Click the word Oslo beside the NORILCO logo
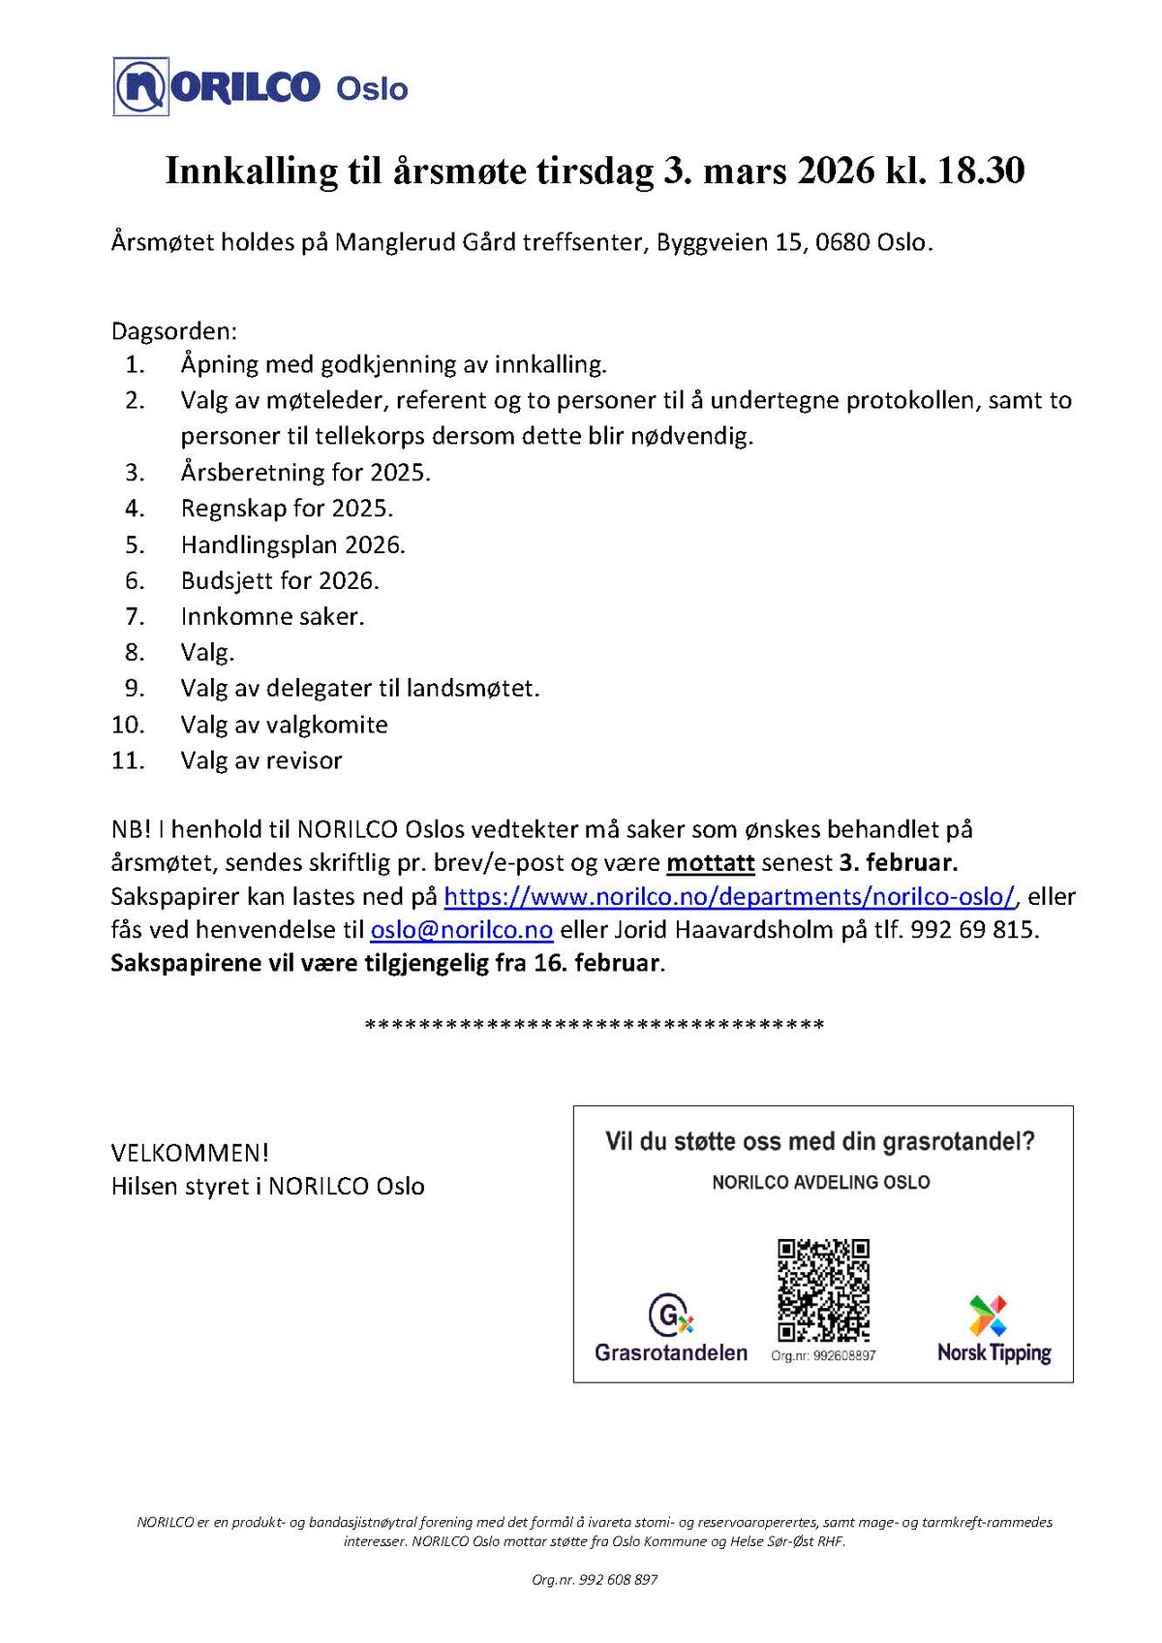pos(372,89)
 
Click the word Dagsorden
pos(173,331)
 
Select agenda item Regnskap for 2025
pos(287,509)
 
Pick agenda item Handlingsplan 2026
pos(292,544)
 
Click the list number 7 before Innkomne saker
pos(135,616)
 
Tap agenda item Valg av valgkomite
pos(284,725)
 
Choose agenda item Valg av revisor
pos(261,760)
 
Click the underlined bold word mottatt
pos(711,862)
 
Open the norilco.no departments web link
pos(729,896)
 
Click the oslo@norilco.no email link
pos(462,930)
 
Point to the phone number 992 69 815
pos(974,930)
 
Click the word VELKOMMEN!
pos(190,1153)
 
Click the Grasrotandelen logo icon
pos(670,1316)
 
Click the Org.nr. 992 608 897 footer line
pos(595,1579)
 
